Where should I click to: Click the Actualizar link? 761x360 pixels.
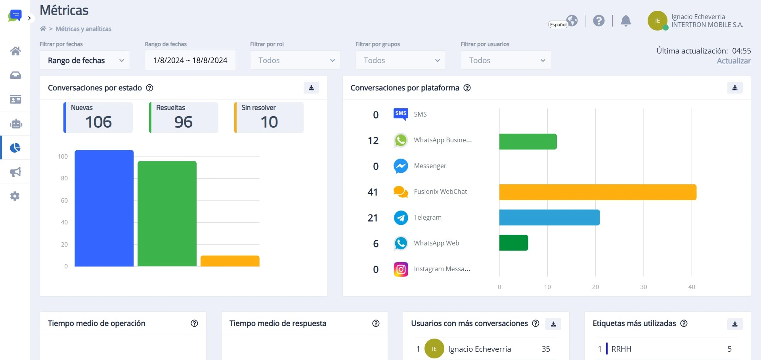point(734,61)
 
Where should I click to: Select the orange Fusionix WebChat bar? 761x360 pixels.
point(598,192)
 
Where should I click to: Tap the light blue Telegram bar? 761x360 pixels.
point(549,217)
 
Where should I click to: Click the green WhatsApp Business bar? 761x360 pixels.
point(528,142)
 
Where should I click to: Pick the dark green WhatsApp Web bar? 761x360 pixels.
point(514,243)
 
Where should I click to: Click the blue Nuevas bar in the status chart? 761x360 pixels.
point(104,208)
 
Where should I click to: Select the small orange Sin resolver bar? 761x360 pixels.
point(230,261)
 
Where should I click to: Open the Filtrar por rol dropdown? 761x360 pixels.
point(295,60)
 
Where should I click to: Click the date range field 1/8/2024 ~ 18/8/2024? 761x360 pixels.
point(190,60)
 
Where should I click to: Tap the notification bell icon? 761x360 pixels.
point(626,21)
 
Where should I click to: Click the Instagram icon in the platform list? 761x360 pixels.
point(401,269)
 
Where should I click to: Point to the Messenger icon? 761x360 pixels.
point(401,166)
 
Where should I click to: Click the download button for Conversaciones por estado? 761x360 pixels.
point(311,88)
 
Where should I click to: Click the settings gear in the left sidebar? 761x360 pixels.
point(15,196)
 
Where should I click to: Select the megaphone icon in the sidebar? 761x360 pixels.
point(15,172)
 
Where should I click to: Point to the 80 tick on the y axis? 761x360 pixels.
point(64,178)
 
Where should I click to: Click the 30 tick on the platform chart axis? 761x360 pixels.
point(644,287)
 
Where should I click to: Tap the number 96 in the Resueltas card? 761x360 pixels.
point(184,122)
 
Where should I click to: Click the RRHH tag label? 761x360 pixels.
point(621,349)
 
